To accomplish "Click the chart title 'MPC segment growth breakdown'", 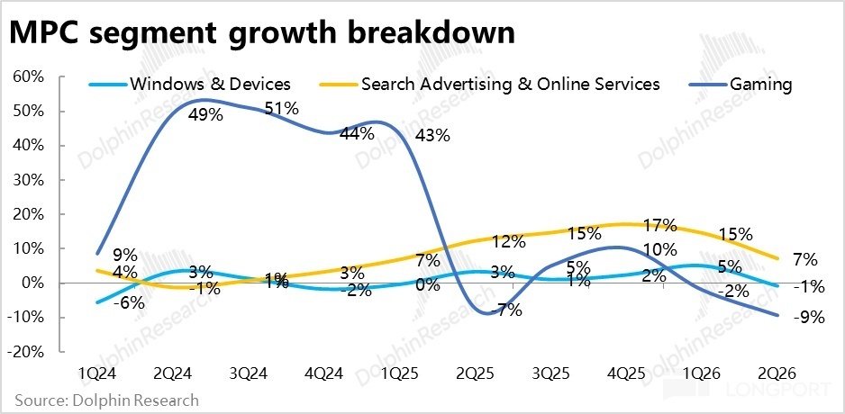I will pos(262,34).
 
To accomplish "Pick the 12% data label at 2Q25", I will pos(508,242).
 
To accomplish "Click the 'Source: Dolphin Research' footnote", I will pos(105,400).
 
